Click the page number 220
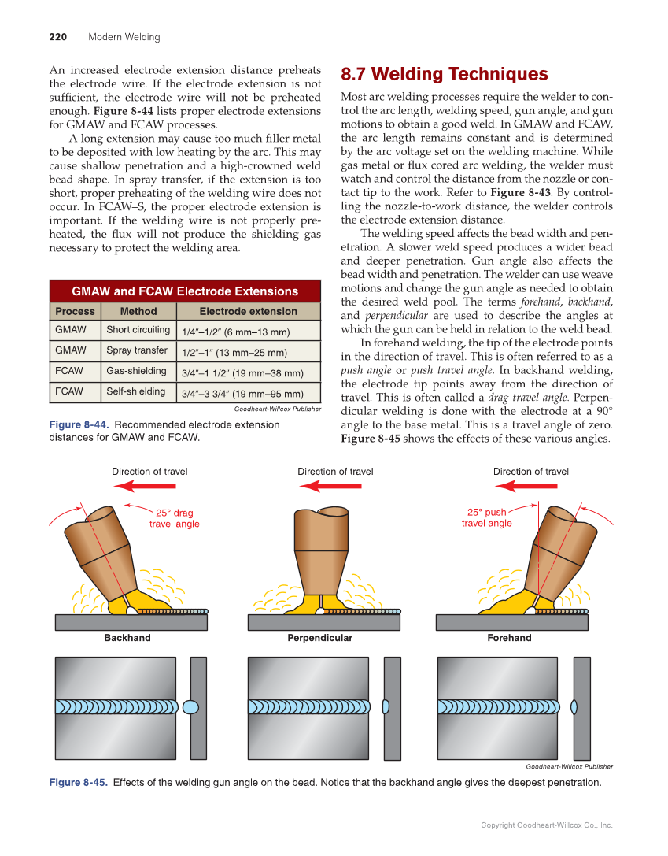click(57, 37)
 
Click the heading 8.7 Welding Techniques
click(444, 75)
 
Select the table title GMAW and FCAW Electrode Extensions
click(185, 291)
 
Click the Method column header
click(138, 312)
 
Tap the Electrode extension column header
click(248, 312)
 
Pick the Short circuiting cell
click(138, 330)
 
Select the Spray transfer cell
click(137, 350)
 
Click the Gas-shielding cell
click(137, 371)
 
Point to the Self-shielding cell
click(136, 391)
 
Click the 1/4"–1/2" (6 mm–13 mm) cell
click(236, 332)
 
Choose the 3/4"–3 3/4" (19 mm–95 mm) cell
click(242, 394)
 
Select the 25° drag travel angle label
click(174, 518)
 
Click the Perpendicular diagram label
click(319, 638)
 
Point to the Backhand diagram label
click(127, 638)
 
